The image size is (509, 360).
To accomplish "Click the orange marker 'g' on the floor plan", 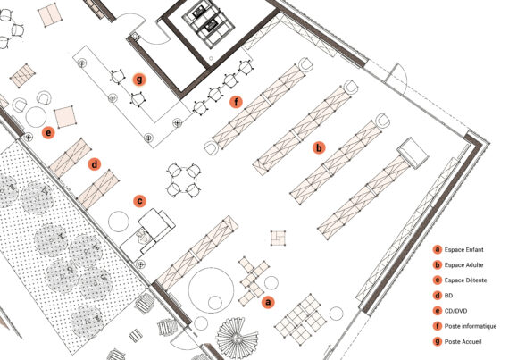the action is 139,80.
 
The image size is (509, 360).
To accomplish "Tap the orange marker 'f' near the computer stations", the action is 236,102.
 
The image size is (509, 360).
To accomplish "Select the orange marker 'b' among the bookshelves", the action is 319,147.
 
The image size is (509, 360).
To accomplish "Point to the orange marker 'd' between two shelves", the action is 94,164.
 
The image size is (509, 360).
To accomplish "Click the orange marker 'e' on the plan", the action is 48,133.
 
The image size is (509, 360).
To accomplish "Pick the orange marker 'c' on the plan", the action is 139,201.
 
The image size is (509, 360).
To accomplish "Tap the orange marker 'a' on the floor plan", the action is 268,302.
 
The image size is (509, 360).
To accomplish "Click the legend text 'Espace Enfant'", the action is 463,249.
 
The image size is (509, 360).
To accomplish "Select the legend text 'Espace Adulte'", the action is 463,265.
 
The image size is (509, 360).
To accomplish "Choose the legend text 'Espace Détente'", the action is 465,280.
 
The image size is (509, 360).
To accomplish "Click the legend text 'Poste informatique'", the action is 471,326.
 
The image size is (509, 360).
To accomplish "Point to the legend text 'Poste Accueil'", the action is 463,341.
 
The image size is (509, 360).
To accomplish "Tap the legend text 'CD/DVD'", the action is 455,311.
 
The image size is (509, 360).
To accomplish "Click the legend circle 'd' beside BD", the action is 438,296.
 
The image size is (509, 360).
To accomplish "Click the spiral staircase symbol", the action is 238,339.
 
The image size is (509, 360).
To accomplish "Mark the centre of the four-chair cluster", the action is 184,180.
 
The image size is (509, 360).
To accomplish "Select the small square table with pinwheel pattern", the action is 279,238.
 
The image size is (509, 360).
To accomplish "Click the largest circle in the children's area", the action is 211,290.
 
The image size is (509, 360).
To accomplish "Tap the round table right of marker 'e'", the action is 36,117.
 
